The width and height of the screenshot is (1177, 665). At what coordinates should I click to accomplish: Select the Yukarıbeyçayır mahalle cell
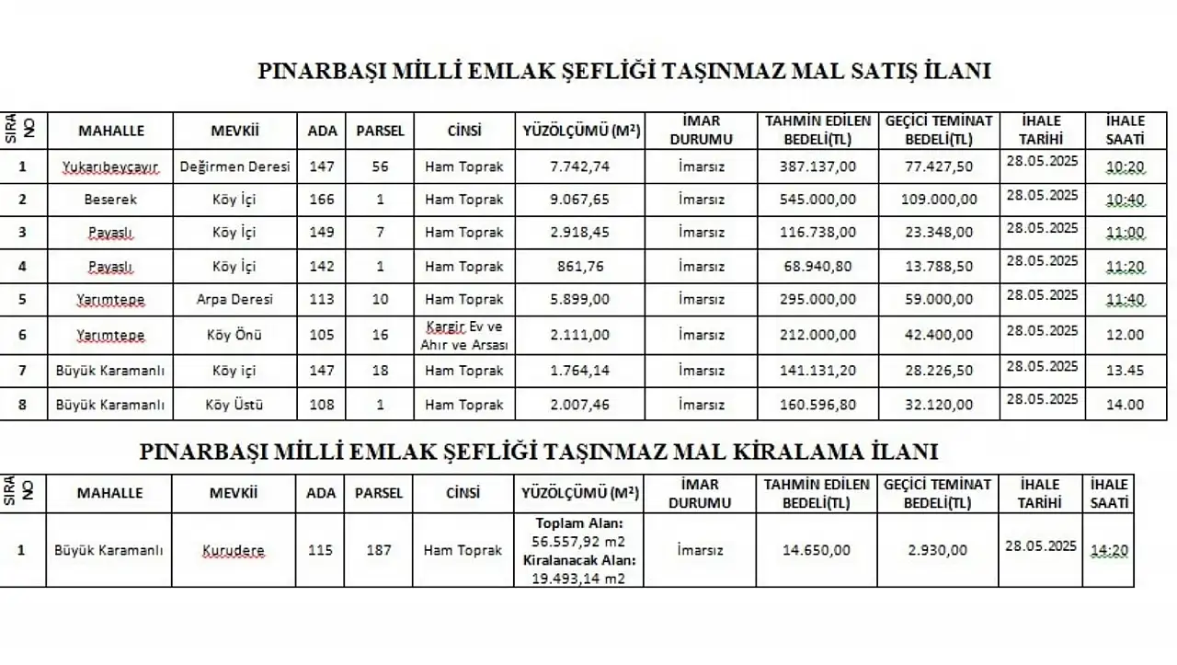tap(111, 166)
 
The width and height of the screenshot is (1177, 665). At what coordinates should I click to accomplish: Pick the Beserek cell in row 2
tap(111, 200)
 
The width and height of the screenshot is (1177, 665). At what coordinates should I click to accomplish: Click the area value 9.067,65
tap(579, 200)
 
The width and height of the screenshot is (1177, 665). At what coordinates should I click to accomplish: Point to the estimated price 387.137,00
tap(817, 166)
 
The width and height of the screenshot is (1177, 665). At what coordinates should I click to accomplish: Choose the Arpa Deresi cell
tap(235, 300)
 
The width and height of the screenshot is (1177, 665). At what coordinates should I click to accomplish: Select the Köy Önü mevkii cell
tap(234, 335)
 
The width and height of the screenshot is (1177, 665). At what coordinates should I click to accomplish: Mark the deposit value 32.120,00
tap(939, 405)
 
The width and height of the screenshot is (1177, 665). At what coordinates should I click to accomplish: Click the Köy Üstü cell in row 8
tap(234, 405)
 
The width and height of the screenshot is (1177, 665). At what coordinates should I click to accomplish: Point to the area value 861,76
tap(579, 267)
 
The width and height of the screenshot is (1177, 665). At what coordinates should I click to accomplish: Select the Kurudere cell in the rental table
tap(234, 551)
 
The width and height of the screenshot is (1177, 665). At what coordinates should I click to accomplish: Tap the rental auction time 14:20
tap(1108, 551)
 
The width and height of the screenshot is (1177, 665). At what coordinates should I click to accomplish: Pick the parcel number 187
tap(378, 551)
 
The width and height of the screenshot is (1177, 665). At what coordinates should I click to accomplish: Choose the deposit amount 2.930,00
tap(937, 551)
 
